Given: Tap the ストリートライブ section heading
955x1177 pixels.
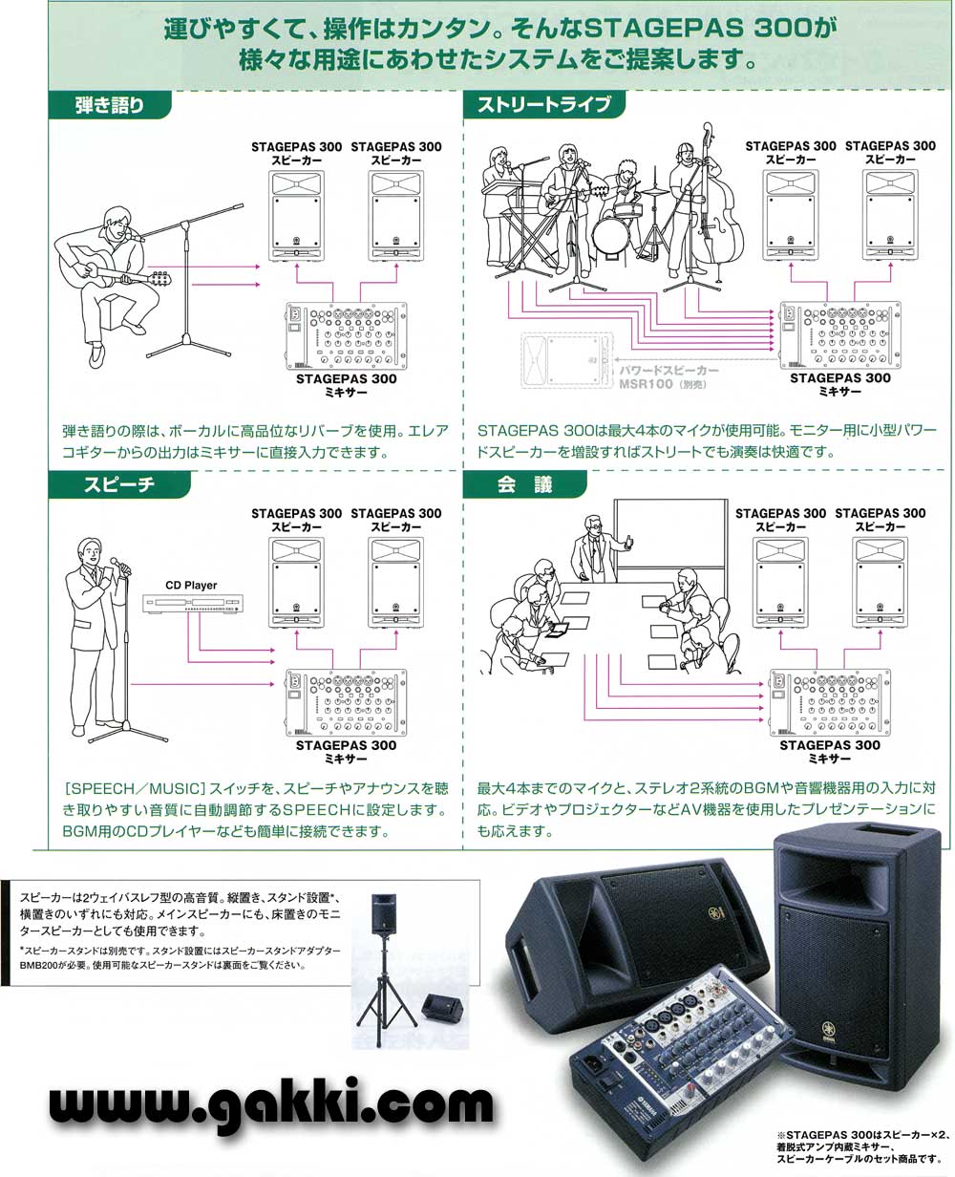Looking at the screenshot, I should click(543, 104).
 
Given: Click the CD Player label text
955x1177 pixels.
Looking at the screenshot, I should click(191, 586).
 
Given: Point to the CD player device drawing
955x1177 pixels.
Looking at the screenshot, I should click(191, 603).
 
